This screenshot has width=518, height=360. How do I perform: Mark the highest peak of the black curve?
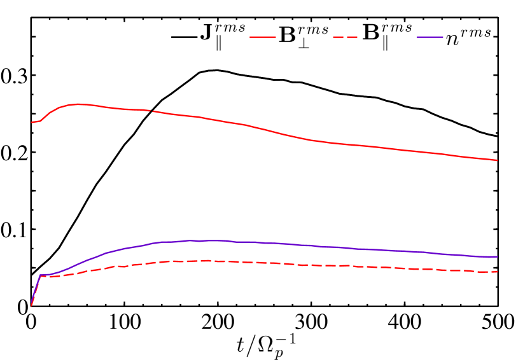click(217, 70)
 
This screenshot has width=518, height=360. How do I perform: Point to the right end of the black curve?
click(497, 136)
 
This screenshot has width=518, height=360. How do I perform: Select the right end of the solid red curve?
click(497, 160)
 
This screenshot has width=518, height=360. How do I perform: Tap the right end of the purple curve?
click(497, 257)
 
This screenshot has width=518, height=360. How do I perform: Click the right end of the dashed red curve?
click(497, 272)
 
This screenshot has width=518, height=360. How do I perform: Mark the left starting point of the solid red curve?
click(32, 122)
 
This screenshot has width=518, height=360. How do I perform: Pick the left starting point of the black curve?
click(32, 275)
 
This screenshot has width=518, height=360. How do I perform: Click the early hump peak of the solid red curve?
click(78, 104)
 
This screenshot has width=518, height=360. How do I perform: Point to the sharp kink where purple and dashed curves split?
click(41, 275)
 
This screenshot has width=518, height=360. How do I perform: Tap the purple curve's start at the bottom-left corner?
click(32, 305)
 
